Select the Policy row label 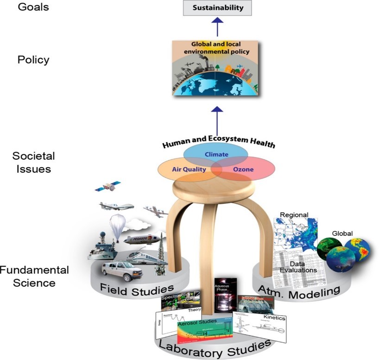33,60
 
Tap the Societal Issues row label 32,162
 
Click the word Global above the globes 342,233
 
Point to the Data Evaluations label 301,266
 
